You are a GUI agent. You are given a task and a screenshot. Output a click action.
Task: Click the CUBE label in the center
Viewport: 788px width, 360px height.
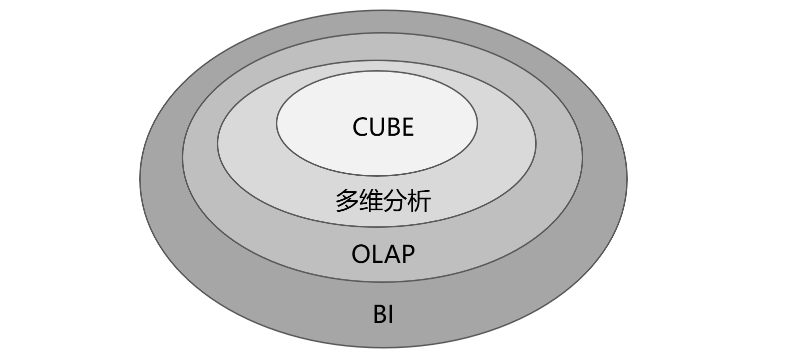click(x=383, y=127)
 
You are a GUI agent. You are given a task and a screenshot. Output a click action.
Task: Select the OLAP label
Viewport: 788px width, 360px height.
click(x=383, y=254)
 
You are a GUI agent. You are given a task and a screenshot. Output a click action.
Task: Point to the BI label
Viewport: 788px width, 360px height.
click(x=383, y=315)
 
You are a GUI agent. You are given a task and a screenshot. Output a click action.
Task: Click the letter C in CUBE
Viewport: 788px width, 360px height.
click(x=361, y=127)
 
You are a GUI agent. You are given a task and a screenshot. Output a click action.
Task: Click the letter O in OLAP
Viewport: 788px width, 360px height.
click(x=361, y=254)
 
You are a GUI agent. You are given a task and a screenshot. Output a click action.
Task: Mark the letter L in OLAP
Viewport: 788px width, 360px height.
click(x=376, y=254)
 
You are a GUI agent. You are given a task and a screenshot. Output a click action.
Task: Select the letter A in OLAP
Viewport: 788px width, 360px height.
click(x=390, y=254)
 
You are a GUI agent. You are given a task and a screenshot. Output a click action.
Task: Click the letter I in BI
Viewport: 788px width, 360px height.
click(x=390, y=315)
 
